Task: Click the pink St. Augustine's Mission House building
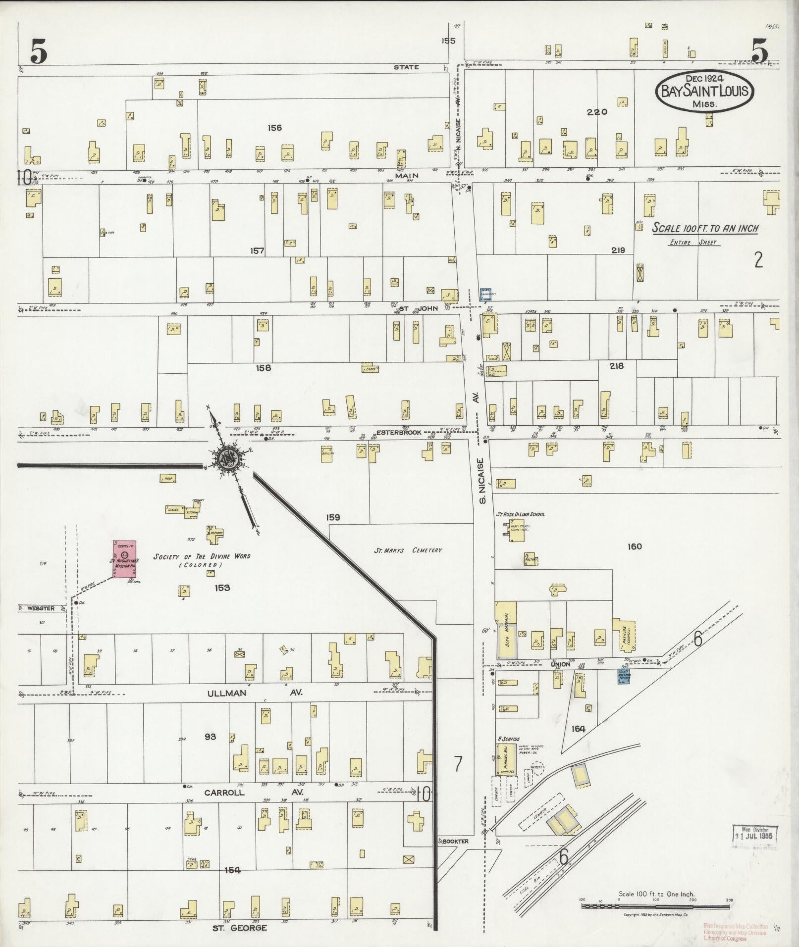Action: pyautogui.click(x=125, y=560)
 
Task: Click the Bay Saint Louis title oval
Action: pyautogui.click(x=704, y=92)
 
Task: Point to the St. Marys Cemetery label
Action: pyautogui.click(x=408, y=549)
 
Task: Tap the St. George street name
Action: pyautogui.click(x=240, y=927)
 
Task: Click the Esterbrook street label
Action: pyautogui.click(x=399, y=432)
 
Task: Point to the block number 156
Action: pyautogui.click(x=274, y=128)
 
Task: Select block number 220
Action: pyautogui.click(x=596, y=112)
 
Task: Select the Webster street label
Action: pyautogui.click(x=40, y=608)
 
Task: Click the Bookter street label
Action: pyautogui.click(x=455, y=841)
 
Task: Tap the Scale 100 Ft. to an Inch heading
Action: pyautogui.click(x=704, y=229)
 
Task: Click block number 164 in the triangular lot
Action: pyautogui.click(x=578, y=729)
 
